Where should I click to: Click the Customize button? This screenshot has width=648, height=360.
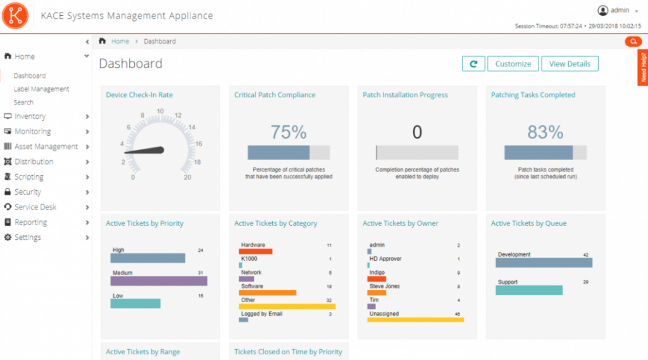click(513, 64)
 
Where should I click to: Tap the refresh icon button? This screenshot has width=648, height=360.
click(473, 64)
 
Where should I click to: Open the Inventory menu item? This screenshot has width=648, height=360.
click(30, 116)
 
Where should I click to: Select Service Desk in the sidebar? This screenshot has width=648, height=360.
click(35, 207)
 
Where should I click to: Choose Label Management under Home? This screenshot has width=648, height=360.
click(41, 89)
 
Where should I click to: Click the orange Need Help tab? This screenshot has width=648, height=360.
click(643, 67)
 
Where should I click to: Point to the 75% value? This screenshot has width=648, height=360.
click(289, 132)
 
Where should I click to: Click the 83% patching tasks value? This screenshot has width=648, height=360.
click(545, 132)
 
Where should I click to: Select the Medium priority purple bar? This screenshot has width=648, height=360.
click(159, 281)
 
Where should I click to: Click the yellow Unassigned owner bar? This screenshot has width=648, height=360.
click(415, 320)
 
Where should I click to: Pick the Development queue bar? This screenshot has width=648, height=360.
click(544, 263)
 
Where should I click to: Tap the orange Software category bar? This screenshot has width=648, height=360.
click(267, 293)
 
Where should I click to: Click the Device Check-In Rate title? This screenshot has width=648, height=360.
click(139, 95)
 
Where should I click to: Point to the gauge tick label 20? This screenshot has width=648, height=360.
click(187, 177)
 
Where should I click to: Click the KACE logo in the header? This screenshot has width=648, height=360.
click(15, 16)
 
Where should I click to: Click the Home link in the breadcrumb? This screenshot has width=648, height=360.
click(120, 41)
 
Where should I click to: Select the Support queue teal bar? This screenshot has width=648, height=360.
click(529, 290)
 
